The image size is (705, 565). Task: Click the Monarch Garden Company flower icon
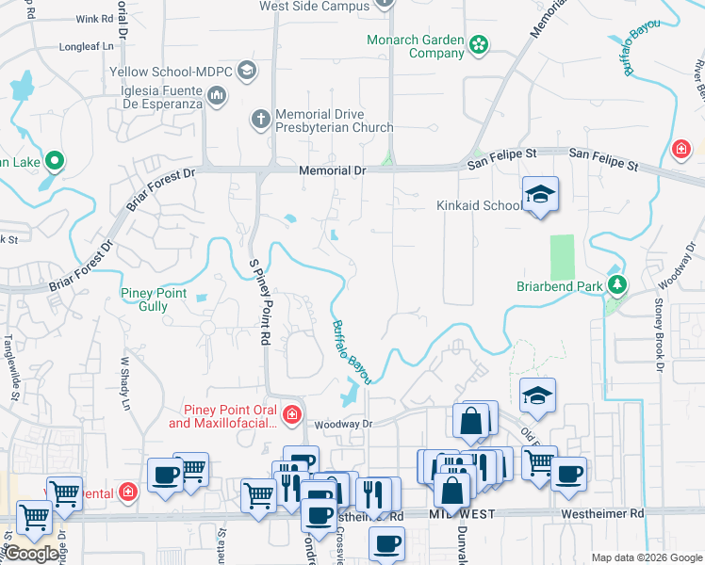click(480, 43)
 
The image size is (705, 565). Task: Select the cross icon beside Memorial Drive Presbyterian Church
click(260, 120)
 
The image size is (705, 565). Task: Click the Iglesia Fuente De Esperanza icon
click(217, 94)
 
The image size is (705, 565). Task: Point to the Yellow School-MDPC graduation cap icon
click(247, 71)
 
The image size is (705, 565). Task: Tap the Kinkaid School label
click(478, 205)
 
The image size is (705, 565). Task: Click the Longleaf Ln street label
click(86, 45)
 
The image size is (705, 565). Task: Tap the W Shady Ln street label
click(124, 381)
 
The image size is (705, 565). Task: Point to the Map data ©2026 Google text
click(645, 557)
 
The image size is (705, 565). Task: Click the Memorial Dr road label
click(331, 171)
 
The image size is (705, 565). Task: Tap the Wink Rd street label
click(94, 19)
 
